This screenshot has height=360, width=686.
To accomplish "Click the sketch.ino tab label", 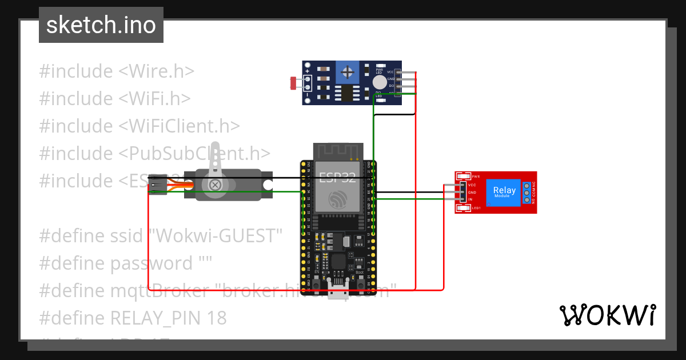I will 101,25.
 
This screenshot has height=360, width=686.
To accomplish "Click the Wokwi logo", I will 607,315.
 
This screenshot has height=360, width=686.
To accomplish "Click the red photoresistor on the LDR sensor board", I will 294,83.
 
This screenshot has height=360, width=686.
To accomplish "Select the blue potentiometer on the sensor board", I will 346,72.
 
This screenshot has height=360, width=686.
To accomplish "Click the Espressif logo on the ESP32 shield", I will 338,200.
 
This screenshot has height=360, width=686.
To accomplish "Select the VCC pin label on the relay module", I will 472,185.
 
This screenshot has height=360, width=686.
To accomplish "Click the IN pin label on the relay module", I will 470,199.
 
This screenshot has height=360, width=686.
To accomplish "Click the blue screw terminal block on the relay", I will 526,193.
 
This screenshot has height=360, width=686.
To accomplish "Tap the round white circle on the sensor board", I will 378,83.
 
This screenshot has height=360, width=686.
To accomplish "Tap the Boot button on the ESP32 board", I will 360,265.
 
